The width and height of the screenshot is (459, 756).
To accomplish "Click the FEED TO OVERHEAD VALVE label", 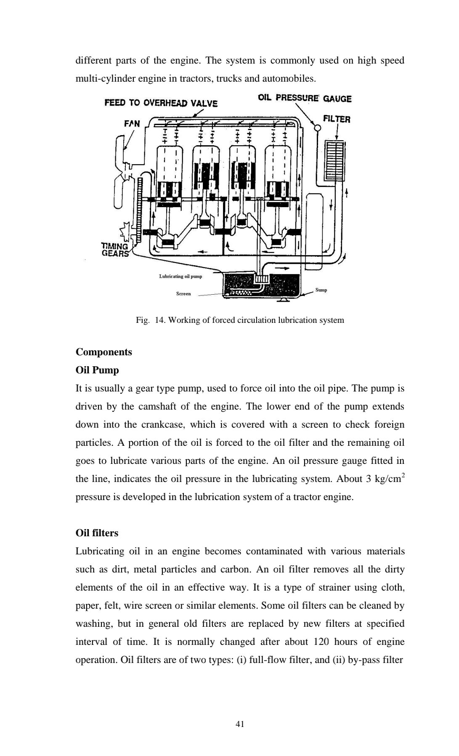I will pyautogui.click(x=161, y=103).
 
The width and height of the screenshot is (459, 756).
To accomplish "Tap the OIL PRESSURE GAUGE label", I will pyautogui.click(x=305, y=98).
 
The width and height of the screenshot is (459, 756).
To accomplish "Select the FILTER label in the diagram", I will pyautogui.click(x=336, y=119).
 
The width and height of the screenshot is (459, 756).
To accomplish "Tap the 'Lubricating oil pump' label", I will pyautogui.click(x=180, y=276).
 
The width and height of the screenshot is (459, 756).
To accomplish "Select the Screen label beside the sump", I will pyautogui.click(x=183, y=293).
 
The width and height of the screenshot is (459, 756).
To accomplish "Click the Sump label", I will pyautogui.click(x=321, y=290).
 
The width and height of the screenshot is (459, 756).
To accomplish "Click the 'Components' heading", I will pyautogui.click(x=103, y=352).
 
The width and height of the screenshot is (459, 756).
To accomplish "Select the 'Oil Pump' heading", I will pyautogui.click(x=97, y=370).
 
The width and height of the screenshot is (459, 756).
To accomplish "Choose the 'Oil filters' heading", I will pyautogui.click(x=97, y=533).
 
